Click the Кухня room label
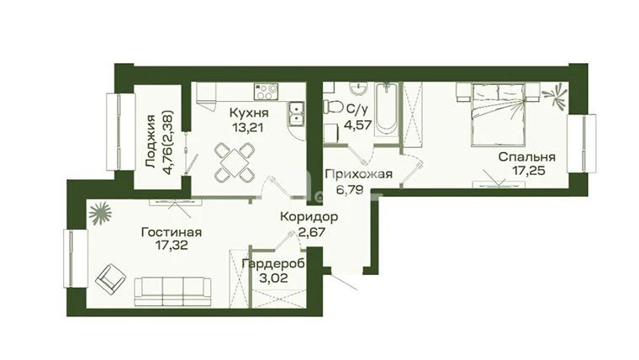(249, 113)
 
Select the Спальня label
(526, 157)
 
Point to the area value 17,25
(529, 170)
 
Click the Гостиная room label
(172, 232)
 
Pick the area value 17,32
(172, 246)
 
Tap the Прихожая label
(359, 175)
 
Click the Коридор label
(309, 217)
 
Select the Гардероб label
(273, 265)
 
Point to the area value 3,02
(273, 278)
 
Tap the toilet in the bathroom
(333, 107)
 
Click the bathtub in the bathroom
(386, 109)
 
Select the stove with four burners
(266, 92)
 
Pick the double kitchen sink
(296, 113)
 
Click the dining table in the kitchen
(234, 162)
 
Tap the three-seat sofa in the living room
(173, 292)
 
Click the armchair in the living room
(110, 279)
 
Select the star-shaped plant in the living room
(100, 214)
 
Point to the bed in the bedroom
(498, 114)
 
